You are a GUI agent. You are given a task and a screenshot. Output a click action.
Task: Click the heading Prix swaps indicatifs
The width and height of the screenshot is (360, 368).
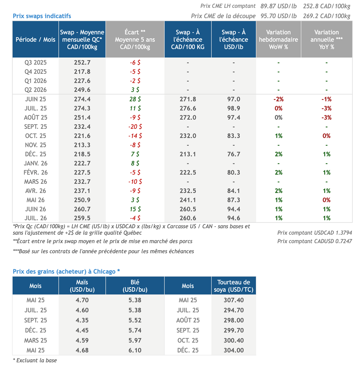point(42,16)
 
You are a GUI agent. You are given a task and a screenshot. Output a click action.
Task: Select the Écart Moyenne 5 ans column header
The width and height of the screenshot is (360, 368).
point(135,39)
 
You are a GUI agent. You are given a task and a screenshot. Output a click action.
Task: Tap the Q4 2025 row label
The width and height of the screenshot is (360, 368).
point(36,71)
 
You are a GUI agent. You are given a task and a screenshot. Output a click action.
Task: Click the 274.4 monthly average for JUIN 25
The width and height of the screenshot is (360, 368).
point(82,99)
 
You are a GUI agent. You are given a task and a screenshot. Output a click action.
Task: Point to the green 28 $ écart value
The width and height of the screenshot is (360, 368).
point(135,99)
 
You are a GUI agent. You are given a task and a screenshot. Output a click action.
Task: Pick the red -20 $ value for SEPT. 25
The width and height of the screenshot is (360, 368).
point(135,127)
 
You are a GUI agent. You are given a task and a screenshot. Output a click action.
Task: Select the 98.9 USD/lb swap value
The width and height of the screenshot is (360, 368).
point(233,108)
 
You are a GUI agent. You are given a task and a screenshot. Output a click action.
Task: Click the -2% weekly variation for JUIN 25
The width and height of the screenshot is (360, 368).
point(278,99)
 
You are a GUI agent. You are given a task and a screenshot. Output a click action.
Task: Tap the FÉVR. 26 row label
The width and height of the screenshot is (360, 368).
point(36,172)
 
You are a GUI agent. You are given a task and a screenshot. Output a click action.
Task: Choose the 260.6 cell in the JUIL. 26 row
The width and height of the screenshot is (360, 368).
point(188,218)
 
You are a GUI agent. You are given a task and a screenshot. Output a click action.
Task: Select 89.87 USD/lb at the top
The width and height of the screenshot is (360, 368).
point(278,6)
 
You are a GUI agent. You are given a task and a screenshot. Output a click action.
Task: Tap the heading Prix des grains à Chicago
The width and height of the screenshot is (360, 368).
point(66,271)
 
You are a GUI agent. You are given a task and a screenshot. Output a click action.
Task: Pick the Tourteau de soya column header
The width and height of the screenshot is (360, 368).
point(233,286)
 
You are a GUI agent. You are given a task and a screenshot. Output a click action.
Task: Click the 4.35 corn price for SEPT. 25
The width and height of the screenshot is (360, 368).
point(82,320)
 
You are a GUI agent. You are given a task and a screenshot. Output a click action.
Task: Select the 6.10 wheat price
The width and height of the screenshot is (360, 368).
point(135,350)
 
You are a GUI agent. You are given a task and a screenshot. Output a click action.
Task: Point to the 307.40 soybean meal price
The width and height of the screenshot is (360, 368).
point(233,300)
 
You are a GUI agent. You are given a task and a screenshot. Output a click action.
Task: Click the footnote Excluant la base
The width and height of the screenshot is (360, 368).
point(35,360)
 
